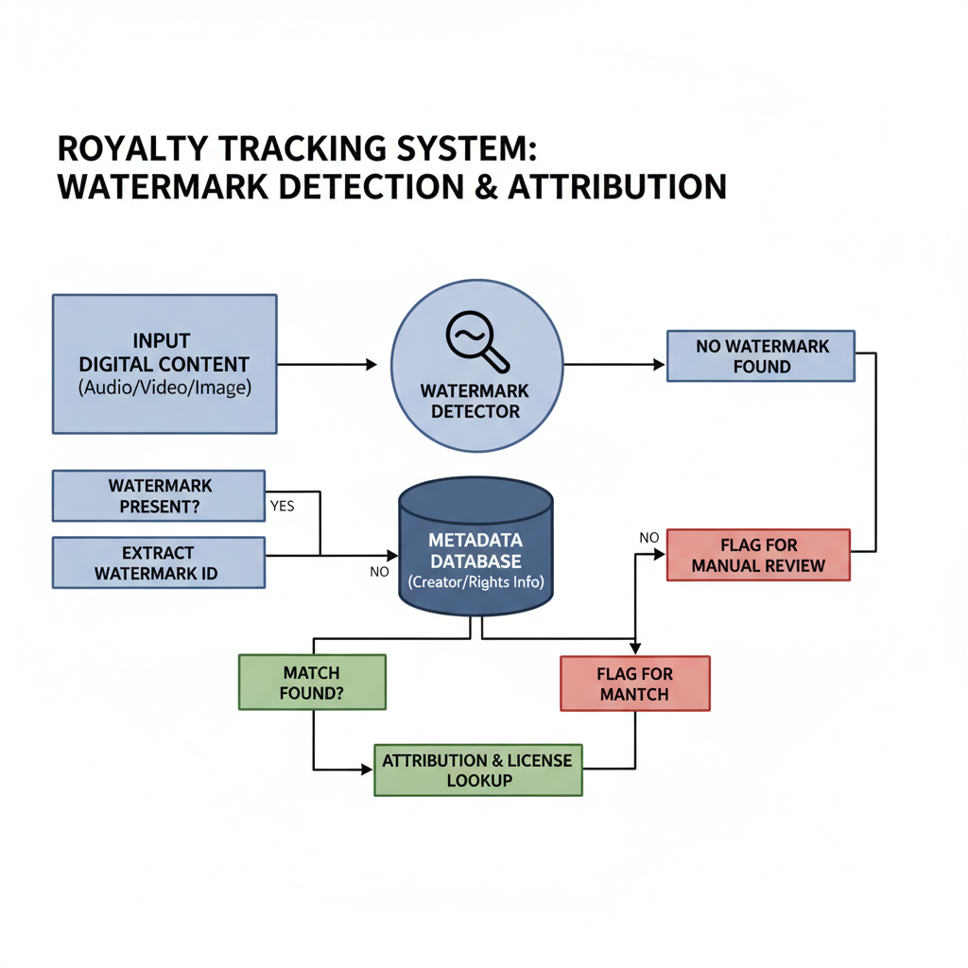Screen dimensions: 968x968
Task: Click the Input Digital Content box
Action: click(164, 364)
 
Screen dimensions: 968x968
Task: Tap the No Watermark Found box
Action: click(761, 356)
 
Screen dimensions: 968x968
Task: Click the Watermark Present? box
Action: click(159, 496)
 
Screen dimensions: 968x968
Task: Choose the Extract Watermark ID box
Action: click(159, 562)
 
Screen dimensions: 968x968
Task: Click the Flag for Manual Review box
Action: click(758, 555)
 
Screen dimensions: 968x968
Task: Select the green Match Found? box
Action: click(312, 683)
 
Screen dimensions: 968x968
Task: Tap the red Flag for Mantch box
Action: click(634, 683)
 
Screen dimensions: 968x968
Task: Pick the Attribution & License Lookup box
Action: click(478, 769)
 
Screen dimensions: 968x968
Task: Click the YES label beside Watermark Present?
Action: click(282, 506)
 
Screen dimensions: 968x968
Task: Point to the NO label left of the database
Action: click(379, 571)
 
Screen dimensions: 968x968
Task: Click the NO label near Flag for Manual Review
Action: click(648, 538)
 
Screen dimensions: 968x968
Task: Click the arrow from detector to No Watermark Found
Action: click(614, 364)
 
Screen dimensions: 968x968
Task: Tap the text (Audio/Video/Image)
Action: click(164, 388)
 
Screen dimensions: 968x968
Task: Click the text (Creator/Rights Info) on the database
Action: click(475, 581)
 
